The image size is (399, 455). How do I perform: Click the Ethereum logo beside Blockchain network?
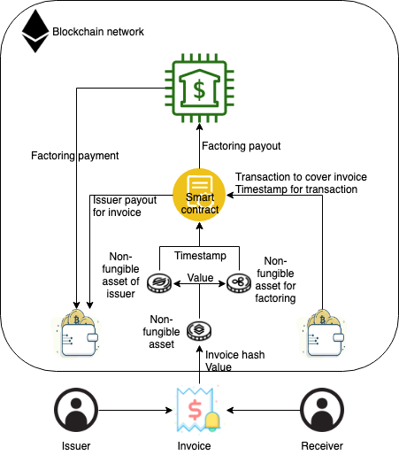(35, 32)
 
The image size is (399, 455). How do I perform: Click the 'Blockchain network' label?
(98, 32)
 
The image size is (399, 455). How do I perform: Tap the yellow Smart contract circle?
(198, 192)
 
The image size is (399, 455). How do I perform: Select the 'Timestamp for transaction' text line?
(296, 189)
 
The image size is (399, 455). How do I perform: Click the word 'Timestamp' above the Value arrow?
(199, 254)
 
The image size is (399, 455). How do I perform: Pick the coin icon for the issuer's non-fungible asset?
(159, 283)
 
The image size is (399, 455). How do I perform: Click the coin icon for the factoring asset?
(239, 283)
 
